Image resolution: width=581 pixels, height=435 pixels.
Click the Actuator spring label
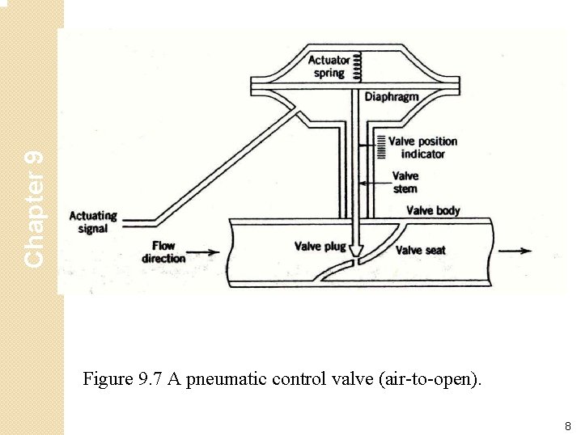pyautogui.click(x=329, y=66)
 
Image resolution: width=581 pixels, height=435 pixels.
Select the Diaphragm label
pyautogui.click(x=392, y=97)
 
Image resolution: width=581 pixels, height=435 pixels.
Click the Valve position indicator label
pyautogui.click(x=422, y=147)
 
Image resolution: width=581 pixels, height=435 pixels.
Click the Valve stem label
pyautogui.click(x=405, y=182)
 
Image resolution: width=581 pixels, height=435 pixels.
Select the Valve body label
pyautogui.click(x=433, y=210)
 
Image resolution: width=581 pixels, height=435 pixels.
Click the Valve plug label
pyautogui.click(x=320, y=246)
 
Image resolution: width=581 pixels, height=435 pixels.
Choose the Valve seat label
pyautogui.click(x=420, y=250)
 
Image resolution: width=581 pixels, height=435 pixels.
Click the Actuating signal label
pyautogui.click(x=93, y=222)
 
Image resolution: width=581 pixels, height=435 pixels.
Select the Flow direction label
pyautogui.click(x=163, y=251)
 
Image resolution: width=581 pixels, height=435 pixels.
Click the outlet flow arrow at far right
pyautogui.click(x=515, y=251)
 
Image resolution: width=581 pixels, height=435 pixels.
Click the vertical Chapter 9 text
pyautogui.click(x=33, y=209)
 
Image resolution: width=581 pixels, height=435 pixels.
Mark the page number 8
pyautogui.click(x=567, y=425)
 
